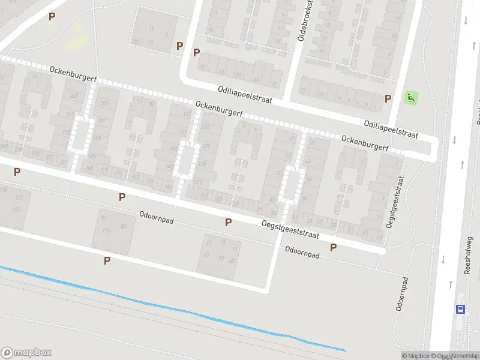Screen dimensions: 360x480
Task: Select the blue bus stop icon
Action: coord(460,309)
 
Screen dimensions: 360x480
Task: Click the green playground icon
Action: coord(411,97)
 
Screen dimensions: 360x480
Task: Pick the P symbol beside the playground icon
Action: coord(388,98)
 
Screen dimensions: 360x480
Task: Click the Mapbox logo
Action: coord(26,352)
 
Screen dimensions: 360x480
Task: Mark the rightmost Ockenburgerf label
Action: coord(365,143)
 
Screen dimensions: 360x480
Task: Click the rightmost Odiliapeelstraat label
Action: coord(390,127)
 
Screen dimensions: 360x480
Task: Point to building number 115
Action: coord(108,230)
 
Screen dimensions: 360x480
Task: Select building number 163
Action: coord(16,209)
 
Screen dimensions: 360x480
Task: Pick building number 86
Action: coord(124,226)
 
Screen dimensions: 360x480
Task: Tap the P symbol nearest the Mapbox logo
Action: coord(107,260)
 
